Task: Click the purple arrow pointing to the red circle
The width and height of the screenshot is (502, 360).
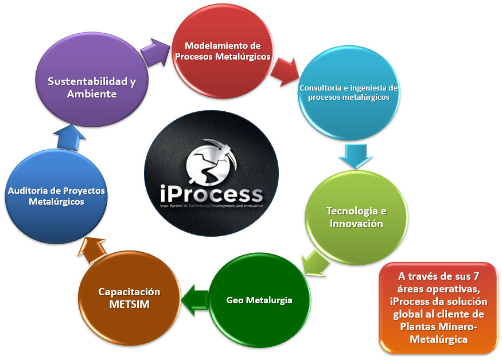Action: (x=155, y=52)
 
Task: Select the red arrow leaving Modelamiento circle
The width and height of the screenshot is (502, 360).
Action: (x=285, y=72)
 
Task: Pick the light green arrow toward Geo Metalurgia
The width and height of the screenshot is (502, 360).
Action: (x=316, y=263)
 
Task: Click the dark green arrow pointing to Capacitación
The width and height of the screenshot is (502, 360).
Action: (x=195, y=300)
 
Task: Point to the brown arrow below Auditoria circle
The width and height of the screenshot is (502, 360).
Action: (x=92, y=250)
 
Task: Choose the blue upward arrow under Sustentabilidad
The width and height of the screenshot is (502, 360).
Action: (x=69, y=137)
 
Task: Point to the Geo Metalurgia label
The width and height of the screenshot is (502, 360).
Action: (x=259, y=300)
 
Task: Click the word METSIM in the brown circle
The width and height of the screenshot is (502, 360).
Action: (x=129, y=304)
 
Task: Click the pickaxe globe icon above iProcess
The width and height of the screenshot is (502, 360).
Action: (x=212, y=162)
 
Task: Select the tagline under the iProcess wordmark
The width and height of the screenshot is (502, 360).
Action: (x=211, y=206)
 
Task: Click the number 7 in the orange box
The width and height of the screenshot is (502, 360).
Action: (x=476, y=276)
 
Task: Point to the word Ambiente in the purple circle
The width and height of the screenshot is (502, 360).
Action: (x=92, y=94)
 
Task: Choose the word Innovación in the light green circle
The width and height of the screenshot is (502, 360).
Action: (x=356, y=224)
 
